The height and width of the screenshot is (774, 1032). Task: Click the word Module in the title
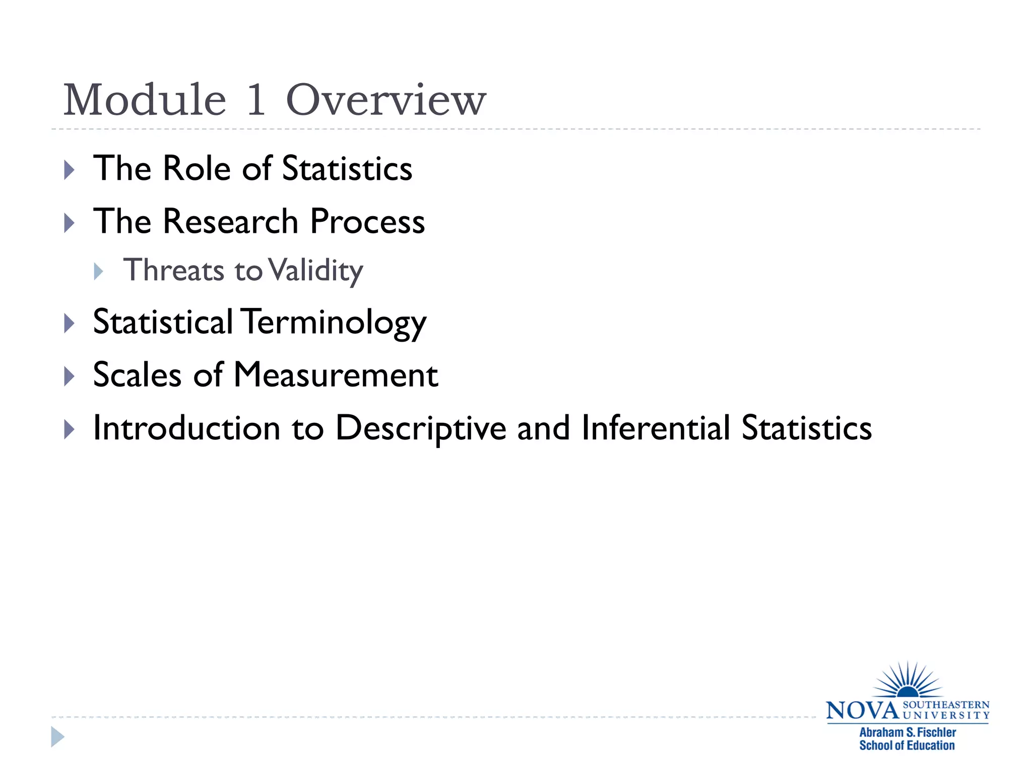[145, 100]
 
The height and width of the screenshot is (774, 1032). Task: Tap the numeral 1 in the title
[256, 100]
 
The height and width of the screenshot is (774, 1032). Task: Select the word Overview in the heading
[386, 100]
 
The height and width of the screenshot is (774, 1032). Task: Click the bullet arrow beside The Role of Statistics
[70, 170]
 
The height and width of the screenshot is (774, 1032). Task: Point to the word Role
[197, 168]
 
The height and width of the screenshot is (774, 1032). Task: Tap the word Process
[367, 221]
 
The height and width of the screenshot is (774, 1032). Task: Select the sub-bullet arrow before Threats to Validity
[99, 272]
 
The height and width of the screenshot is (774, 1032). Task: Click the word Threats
[174, 270]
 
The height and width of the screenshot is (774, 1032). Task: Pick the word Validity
[315, 271]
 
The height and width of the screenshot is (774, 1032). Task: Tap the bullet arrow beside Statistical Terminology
[70, 323]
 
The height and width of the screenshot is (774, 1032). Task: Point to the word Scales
[137, 375]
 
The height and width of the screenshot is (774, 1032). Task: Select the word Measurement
[336, 375]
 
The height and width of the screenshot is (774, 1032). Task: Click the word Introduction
[186, 428]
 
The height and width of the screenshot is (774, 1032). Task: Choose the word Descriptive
[421, 429]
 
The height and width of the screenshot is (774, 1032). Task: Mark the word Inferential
[655, 428]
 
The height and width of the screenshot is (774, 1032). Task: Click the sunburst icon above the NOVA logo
[908, 681]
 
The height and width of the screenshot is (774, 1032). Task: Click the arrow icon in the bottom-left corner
[58, 737]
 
